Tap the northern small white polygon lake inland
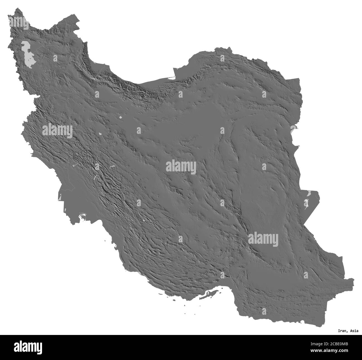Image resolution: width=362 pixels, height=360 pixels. tap(120, 117)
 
